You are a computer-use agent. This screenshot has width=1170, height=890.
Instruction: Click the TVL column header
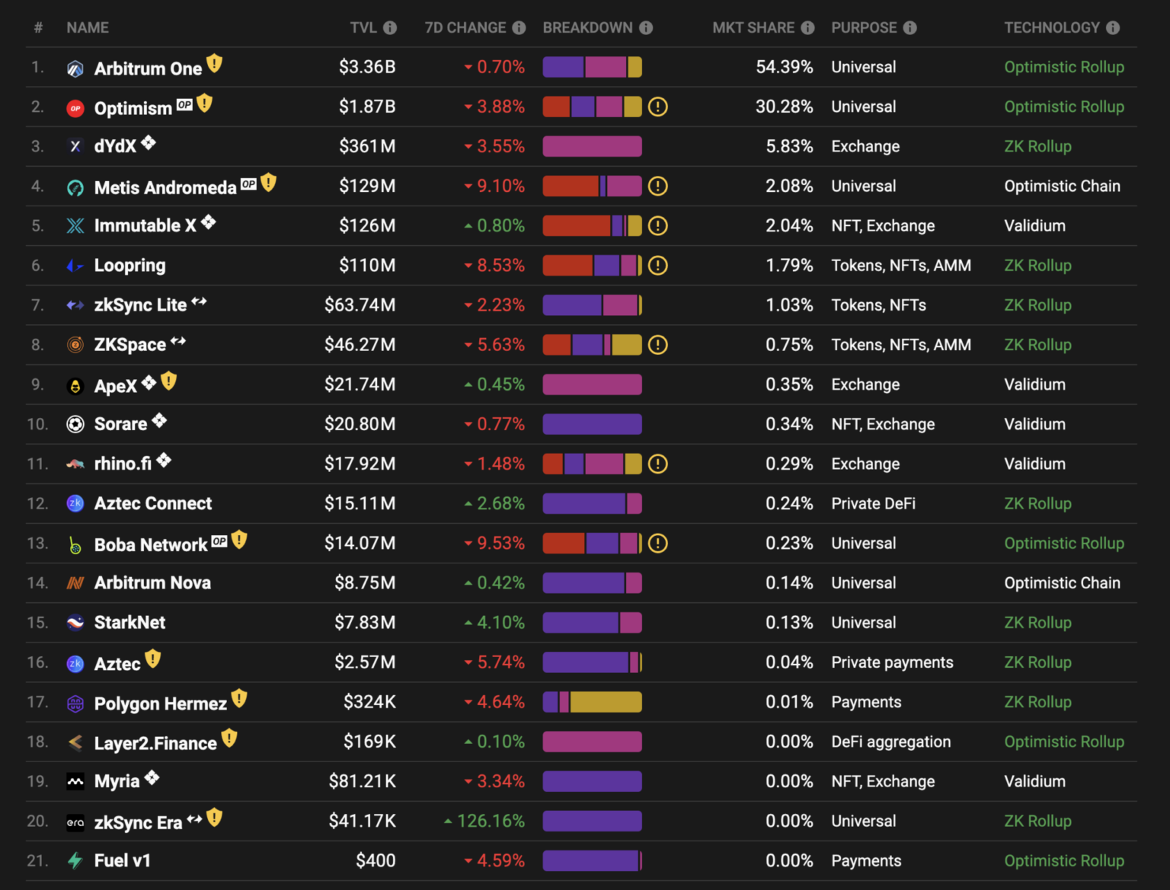(363, 28)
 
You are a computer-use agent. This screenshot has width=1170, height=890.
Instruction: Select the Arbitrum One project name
(148, 69)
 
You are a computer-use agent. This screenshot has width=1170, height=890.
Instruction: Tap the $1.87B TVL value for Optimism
(367, 107)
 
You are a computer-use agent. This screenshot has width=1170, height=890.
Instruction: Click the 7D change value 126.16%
(491, 821)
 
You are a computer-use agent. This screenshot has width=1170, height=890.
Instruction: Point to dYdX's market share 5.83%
(789, 146)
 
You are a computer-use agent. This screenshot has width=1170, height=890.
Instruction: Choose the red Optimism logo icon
(75, 108)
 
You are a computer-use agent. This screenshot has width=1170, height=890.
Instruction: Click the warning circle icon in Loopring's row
(657, 266)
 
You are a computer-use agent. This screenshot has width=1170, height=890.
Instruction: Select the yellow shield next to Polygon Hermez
(239, 698)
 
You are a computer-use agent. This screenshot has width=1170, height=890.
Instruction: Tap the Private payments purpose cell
(892, 662)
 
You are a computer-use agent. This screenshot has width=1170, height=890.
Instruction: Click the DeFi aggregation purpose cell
(890, 742)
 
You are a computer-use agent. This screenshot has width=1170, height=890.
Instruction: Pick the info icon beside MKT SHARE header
(807, 28)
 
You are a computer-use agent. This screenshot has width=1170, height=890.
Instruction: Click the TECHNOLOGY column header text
(1051, 28)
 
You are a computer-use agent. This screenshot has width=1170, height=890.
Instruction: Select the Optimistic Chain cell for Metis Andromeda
(1062, 186)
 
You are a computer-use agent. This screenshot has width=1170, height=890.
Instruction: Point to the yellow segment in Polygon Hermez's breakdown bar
(606, 702)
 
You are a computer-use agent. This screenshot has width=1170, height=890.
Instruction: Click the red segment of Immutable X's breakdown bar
(576, 225)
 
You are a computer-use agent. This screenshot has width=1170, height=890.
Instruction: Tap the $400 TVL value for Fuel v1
(376, 860)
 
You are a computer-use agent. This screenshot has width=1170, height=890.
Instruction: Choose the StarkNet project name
(129, 623)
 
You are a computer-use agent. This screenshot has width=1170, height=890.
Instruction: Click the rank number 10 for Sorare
(37, 424)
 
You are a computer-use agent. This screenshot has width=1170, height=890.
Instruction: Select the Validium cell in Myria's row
(1034, 781)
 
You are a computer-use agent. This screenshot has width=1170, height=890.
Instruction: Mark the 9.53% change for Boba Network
(500, 544)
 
